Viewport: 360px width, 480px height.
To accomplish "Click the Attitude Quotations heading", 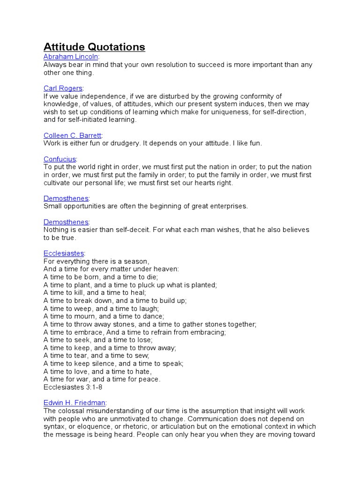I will coord(94,47).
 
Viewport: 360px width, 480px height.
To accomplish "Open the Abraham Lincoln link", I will coord(71,57).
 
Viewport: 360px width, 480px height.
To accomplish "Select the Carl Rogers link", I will coord(63,88).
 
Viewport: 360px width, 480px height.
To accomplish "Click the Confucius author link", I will coord(60,159).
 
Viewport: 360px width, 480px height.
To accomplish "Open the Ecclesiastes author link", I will coord(63,253).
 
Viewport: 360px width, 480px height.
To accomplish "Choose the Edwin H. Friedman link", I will coord(75,403).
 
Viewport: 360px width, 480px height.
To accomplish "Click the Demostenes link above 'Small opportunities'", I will coord(66,198).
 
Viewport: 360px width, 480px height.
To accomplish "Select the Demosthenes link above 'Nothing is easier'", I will coord(66,222).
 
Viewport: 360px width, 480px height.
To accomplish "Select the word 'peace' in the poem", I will coord(150,379).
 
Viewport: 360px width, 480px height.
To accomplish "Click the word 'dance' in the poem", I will coord(139,316).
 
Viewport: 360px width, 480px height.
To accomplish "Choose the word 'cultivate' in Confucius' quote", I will coord(58,183).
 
